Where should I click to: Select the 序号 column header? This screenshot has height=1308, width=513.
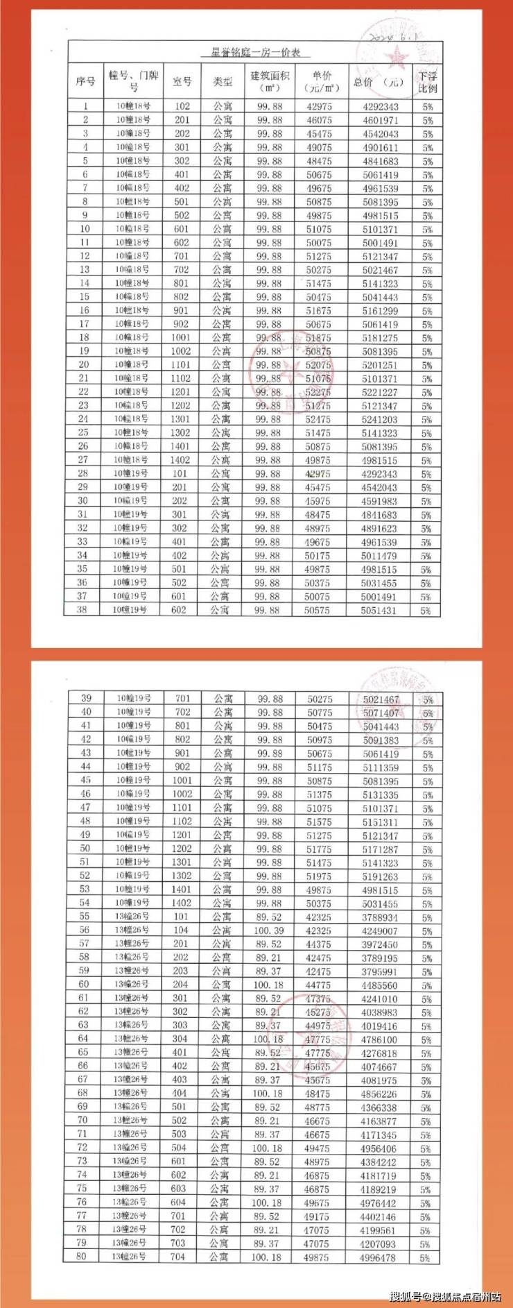(85, 82)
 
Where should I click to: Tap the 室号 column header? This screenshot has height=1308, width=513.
(182, 82)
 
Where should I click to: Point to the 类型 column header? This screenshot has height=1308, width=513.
(223, 82)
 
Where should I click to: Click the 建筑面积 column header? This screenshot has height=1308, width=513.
(269, 82)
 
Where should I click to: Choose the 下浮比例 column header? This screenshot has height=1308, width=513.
(427, 82)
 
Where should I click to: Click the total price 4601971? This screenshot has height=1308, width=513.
(380, 121)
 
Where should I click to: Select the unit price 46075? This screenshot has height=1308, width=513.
(319, 121)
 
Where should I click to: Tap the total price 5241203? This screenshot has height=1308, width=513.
(380, 420)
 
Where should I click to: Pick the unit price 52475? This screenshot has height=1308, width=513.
(318, 420)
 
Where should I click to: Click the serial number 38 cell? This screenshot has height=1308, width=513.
(82, 610)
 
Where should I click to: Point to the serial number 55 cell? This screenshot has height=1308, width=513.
(85, 917)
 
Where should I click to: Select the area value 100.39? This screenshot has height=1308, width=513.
(269, 931)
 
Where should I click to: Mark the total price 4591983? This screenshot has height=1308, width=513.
(379, 501)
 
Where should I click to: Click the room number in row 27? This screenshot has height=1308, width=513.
(180, 460)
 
